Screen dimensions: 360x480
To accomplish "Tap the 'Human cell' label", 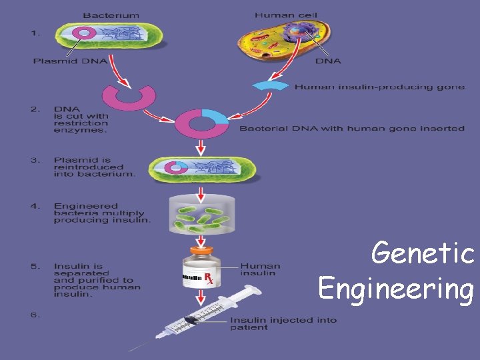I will pos(279,14).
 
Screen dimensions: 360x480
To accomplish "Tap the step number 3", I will pos(35,161).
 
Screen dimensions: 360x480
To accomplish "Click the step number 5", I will pos(35,267).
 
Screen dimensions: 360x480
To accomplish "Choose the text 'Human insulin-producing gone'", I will pos(379,87).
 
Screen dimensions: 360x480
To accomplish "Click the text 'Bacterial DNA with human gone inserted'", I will pos(351,128).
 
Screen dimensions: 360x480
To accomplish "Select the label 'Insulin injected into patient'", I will pos(283,324).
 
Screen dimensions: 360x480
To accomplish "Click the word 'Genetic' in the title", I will pos(423,253).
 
